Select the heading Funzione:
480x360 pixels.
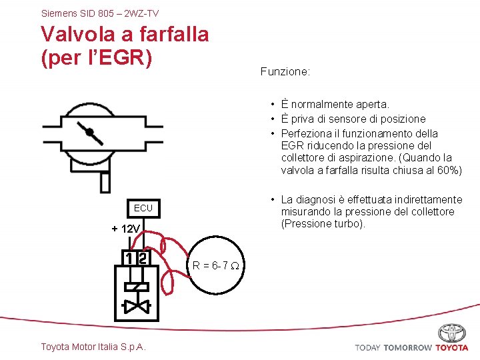[x=285, y=71]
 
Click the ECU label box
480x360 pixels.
[x=143, y=208]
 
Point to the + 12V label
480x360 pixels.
[x=125, y=229]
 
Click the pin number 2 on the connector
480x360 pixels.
[x=142, y=258]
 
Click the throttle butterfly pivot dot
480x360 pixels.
[x=90, y=131]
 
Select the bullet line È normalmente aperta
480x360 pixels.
[x=335, y=105]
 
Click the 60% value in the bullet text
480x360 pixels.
[x=450, y=171]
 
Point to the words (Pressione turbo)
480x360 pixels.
[x=323, y=224]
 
